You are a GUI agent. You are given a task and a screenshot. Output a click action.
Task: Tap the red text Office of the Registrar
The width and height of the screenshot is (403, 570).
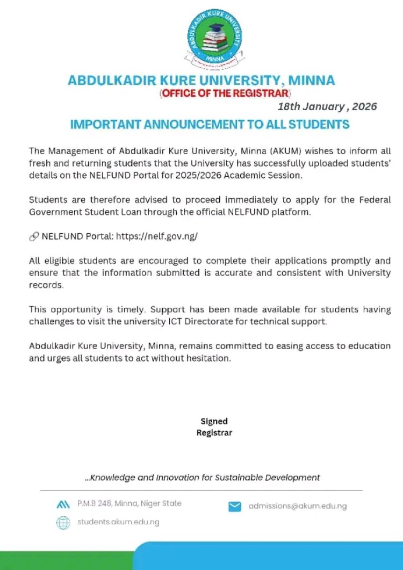225,93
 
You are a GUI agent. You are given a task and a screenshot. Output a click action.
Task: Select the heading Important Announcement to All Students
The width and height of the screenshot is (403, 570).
210,125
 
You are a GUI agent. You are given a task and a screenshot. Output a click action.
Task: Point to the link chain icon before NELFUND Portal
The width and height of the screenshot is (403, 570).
34,236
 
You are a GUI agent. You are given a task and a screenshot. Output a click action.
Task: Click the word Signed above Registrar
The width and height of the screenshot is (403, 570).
214,421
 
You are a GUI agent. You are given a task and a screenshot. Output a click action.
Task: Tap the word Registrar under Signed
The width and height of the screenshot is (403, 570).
214,432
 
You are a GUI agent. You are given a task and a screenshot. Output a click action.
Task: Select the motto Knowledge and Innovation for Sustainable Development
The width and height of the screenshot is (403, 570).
203,477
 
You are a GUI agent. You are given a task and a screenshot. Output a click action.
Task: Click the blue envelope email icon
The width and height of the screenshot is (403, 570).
234,506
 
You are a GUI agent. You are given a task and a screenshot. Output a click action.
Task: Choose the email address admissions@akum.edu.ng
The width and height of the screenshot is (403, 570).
297,506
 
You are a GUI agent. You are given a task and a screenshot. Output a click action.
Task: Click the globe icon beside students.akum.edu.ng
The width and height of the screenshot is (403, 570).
63,522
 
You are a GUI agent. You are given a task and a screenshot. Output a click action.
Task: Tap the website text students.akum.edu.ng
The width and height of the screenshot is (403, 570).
118,522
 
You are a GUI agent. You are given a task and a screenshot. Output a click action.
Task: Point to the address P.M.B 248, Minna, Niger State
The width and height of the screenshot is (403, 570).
129,503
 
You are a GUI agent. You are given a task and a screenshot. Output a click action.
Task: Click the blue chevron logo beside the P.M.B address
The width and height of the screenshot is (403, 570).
63,504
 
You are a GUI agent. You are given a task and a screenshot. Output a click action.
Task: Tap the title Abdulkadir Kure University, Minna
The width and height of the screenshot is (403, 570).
201,81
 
